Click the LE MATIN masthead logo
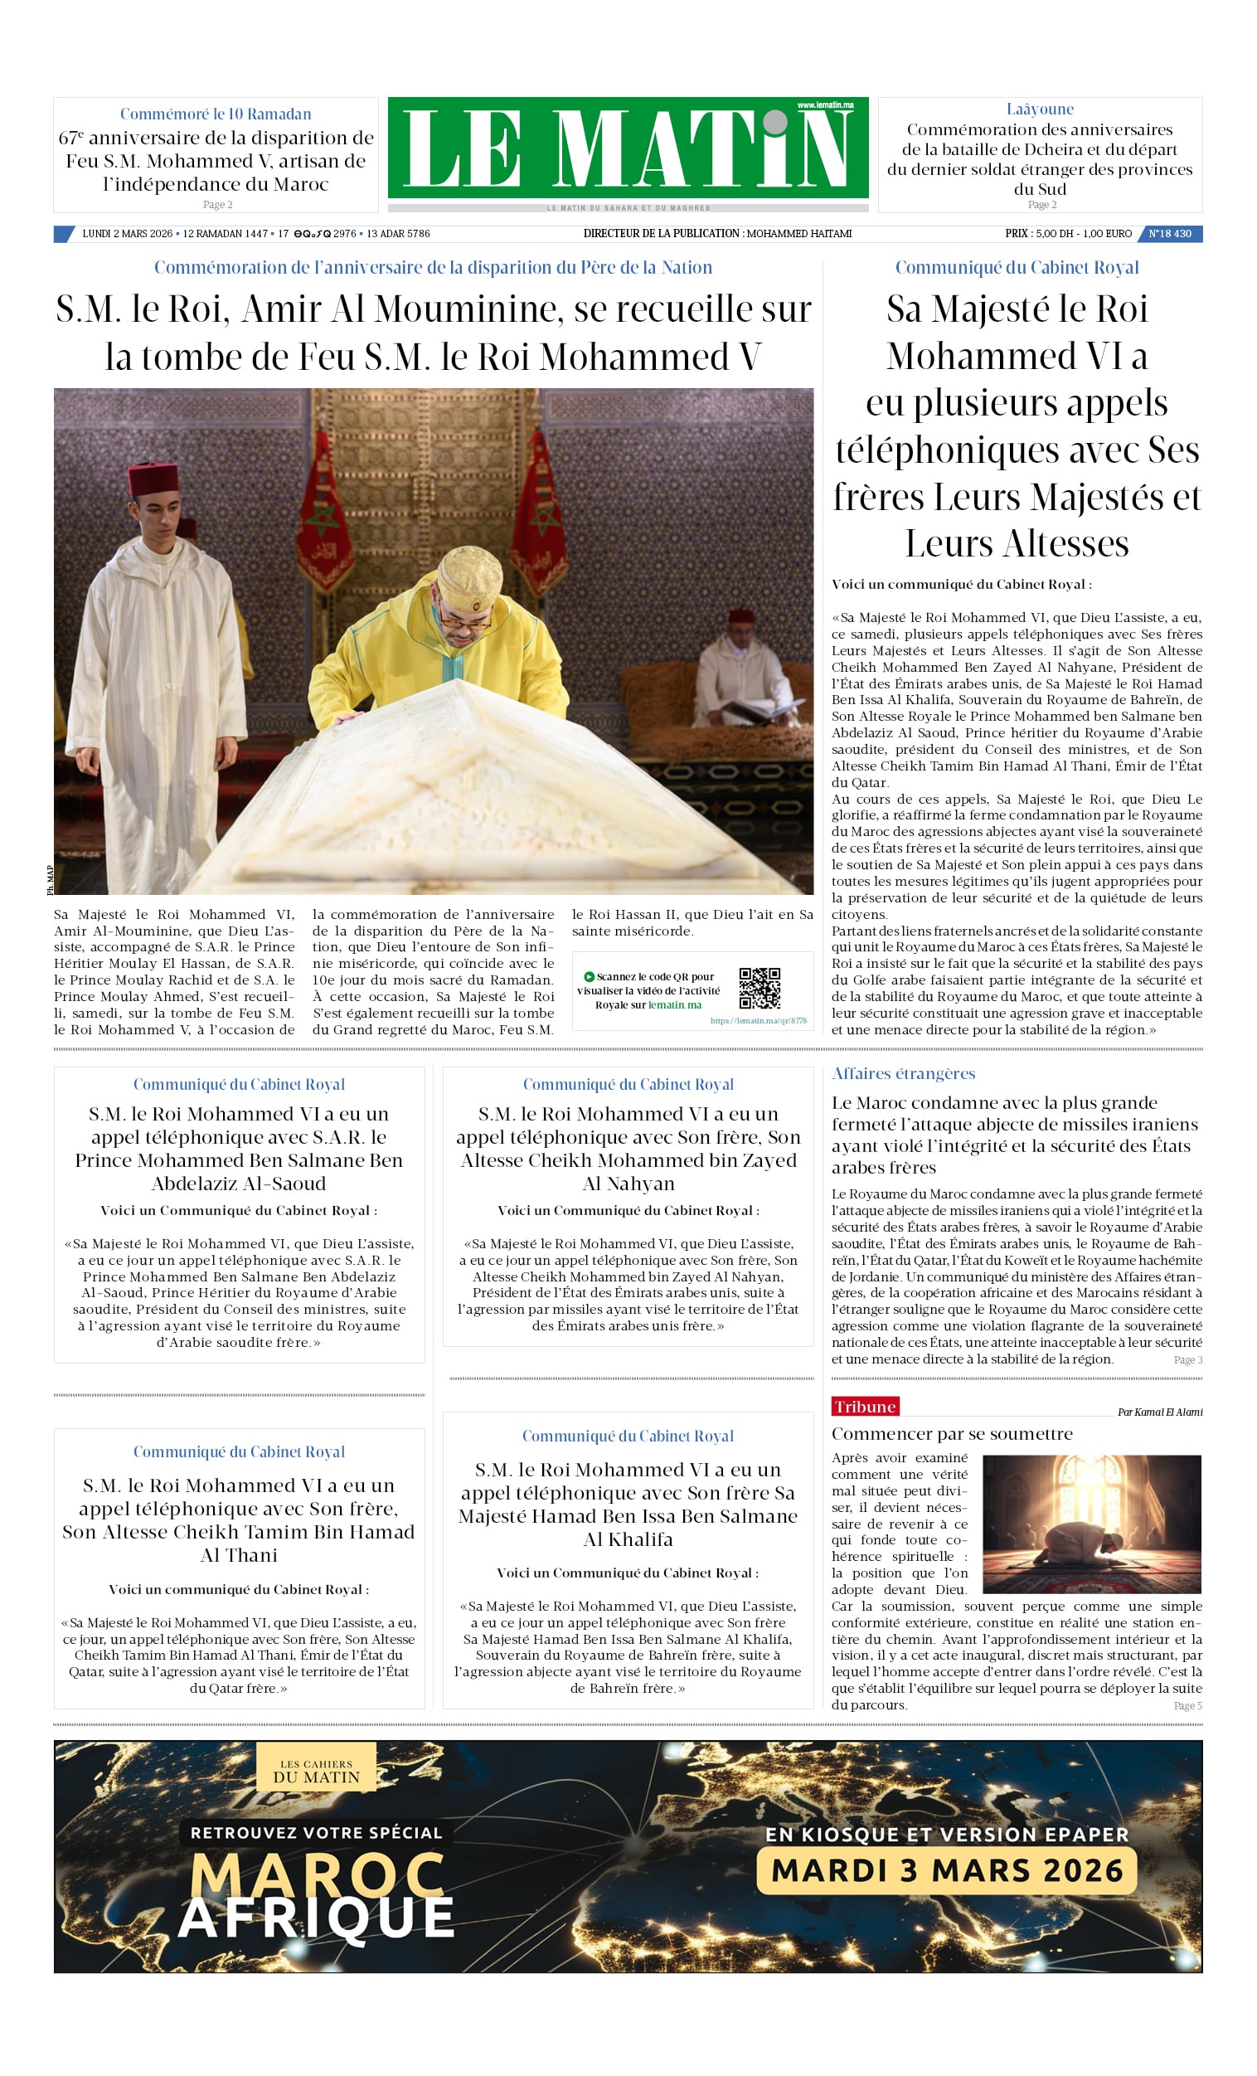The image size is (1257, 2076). (628, 148)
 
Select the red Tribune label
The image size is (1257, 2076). (865, 1406)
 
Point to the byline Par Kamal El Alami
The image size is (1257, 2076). (1159, 1412)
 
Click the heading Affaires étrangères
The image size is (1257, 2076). (903, 1073)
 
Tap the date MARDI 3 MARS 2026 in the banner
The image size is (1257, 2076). (947, 1870)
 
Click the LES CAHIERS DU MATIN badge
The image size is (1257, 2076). (316, 1771)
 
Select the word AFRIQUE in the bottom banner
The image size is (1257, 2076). (316, 1918)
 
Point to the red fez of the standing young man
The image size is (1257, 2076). (153, 479)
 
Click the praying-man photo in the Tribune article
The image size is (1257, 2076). (1091, 1524)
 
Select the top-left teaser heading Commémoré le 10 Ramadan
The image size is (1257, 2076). (216, 114)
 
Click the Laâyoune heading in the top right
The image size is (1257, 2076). (1040, 109)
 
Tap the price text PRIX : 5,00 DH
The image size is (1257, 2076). (1041, 233)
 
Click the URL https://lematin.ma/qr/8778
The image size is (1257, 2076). (758, 1020)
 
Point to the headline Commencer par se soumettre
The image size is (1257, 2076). (952, 1434)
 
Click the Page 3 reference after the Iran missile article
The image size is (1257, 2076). (1188, 1360)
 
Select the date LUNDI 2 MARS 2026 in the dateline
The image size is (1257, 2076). (127, 233)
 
